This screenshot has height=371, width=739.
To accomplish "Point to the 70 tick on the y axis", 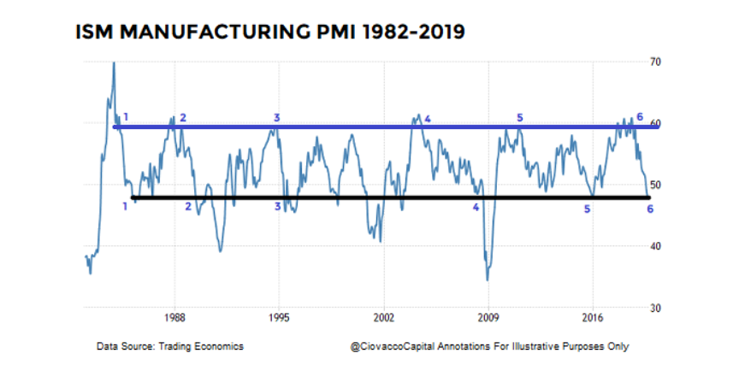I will pyautogui.click(x=656, y=62).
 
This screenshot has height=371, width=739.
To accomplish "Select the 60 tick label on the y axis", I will pyautogui.click(x=656, y=124).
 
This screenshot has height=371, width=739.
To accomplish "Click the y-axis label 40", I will pyautogui.click(x=656, y=246).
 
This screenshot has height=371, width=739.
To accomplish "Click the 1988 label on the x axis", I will pyautogui.click(x=175, y=316).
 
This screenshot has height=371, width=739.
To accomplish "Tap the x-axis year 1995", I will pyautogui.click(x=279, y=316).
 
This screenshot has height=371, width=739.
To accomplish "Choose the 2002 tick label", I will pyautogui.click(x=383, y=316).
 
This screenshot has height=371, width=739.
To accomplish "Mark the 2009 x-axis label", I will pyautogui.click(x=488, y=316).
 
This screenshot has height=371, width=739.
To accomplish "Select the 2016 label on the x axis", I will pyautogui.click(x=592, y=316).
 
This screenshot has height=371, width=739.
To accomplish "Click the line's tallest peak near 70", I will pyautogui.click(x=114, y=63).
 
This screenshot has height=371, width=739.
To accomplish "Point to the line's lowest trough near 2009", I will pyautogui.click(x=488, y=280).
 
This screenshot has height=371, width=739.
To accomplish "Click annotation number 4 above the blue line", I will pyautogui.click(x=428, y=119).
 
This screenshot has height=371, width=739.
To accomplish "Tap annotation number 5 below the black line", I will pyautogui.click(x=588, y=209).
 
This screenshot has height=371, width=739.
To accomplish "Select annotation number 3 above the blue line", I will pyautogui.click(x=276, y=116).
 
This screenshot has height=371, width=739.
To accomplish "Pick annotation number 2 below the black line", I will pyautogui.click(x=188, y=206).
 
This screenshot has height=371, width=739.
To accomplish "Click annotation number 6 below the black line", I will pyautogui.click(x=650, y=209).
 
